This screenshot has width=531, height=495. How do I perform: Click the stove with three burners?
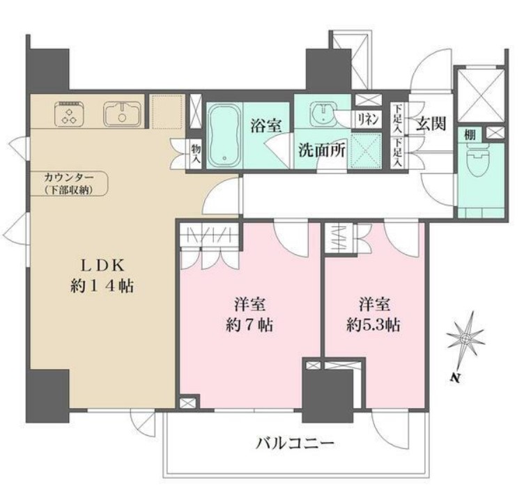point(69,114)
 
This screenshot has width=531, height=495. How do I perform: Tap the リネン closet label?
point(368,118)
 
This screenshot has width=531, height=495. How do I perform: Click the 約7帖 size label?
point(248,324)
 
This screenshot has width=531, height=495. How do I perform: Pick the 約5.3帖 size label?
point(374,324)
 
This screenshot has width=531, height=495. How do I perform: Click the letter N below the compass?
point(454,379)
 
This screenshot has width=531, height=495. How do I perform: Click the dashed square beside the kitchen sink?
point(167,112)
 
